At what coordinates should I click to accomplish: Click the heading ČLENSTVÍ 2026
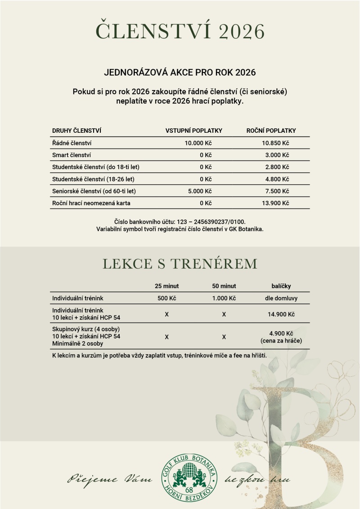coord(180,32)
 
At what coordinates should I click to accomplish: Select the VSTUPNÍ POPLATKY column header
coord(194,131)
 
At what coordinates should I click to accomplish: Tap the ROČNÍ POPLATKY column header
coord(271,131)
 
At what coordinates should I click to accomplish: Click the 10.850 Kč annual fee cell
coord(275,143)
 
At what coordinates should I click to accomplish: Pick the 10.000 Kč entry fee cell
coord(198,143)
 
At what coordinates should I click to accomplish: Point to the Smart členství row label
coord(72,155)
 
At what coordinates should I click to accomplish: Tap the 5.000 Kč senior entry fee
coord(200,191)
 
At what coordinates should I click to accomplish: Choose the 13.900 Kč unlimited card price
coord(275,203)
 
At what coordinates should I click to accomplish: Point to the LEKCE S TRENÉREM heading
coord(180,264)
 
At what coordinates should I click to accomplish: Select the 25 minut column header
coord(166,286)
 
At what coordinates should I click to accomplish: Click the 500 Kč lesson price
coord(166,298)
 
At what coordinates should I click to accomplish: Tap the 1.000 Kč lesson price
coord(224,298)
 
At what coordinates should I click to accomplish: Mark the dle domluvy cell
coord(281,298)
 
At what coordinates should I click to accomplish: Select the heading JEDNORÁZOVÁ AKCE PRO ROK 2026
coord(180,72)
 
